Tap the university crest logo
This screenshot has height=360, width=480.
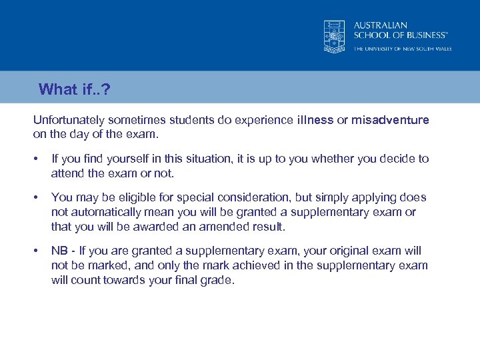[x=335, y=36]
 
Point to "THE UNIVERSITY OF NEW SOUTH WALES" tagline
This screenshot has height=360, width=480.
[x=402, y=49]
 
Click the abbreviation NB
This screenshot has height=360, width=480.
[x=59, y=251]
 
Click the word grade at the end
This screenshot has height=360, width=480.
[x=219, y=280]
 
